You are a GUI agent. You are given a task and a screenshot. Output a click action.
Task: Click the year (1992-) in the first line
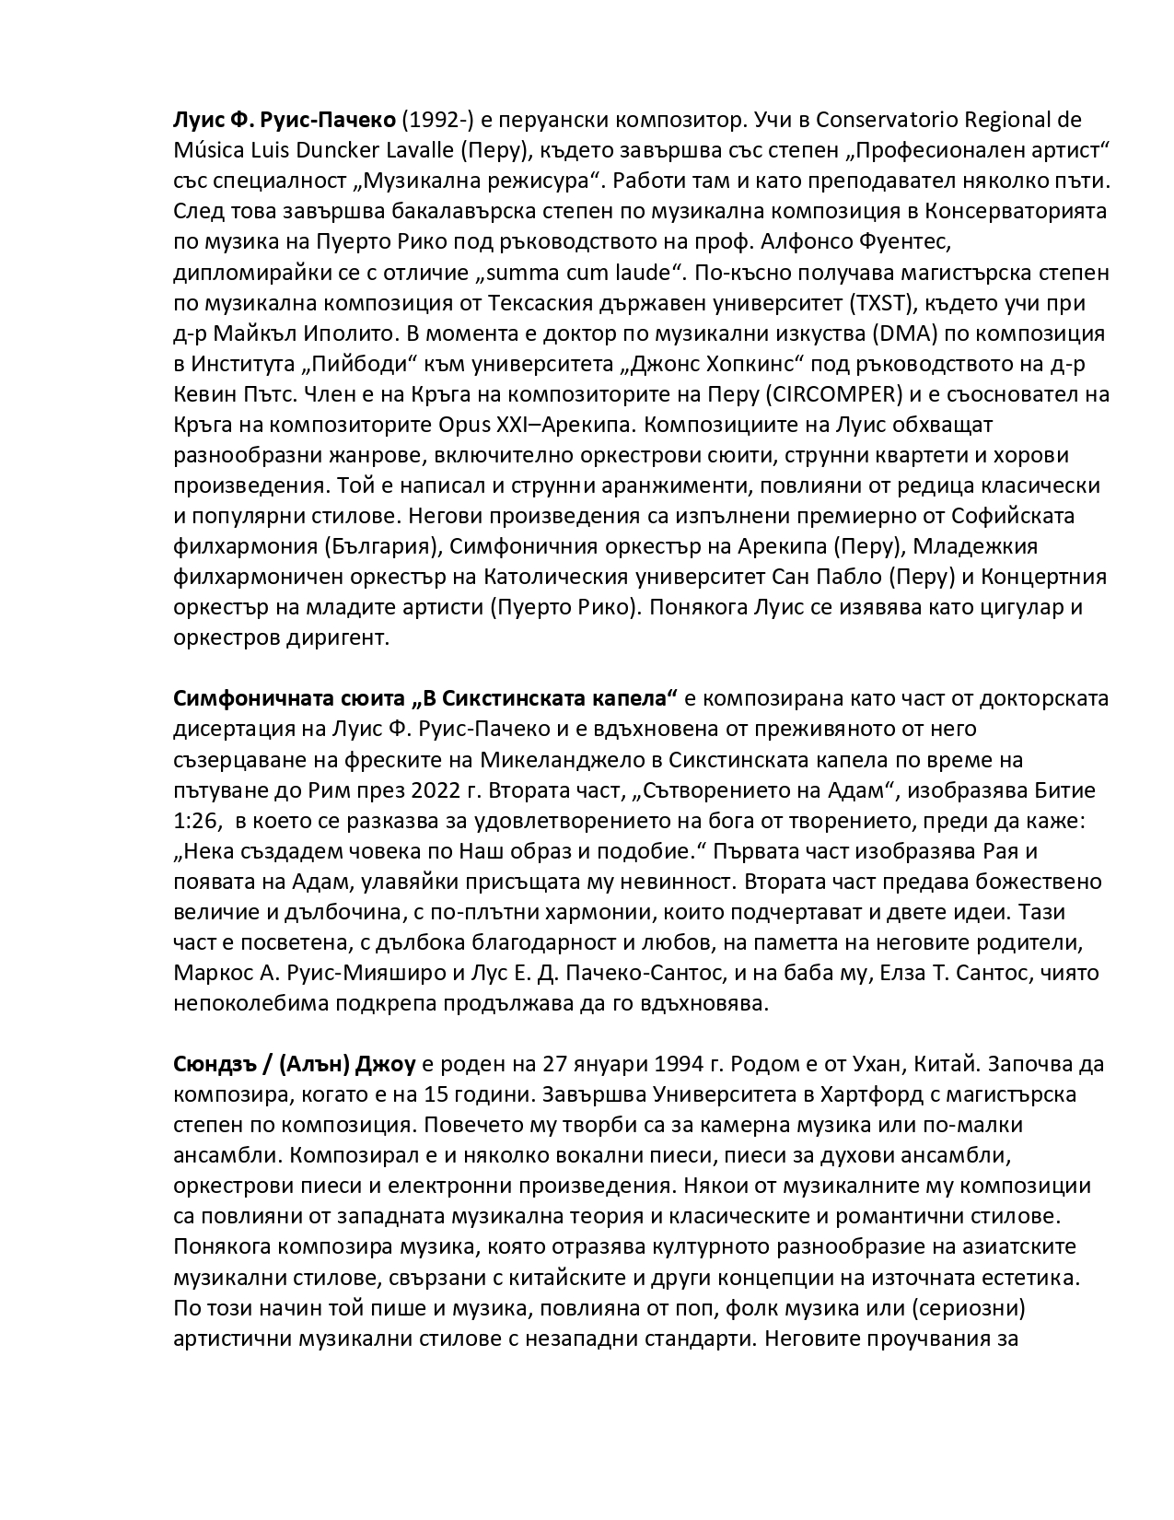pyautogui.click(x=437, y=120)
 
